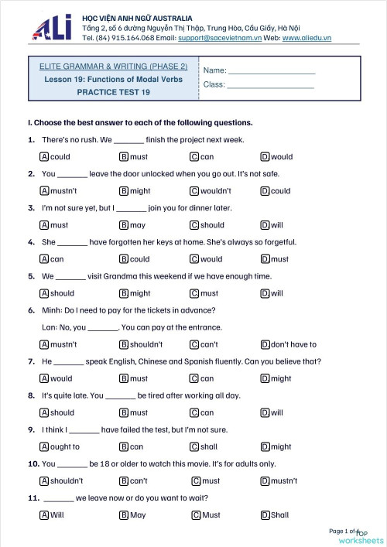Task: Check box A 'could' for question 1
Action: tap(44, 157)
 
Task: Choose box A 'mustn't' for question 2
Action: tap(44, 191)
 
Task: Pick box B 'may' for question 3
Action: tap(124, 225)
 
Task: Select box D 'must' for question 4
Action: tap(265, 259)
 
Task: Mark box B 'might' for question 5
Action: tap(124, 293)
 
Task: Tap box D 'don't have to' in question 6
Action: tap(265, 344)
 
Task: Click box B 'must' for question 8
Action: tap(124, 412)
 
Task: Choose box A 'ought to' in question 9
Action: tap(44, 446)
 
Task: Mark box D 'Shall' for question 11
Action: tap(265, 515)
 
